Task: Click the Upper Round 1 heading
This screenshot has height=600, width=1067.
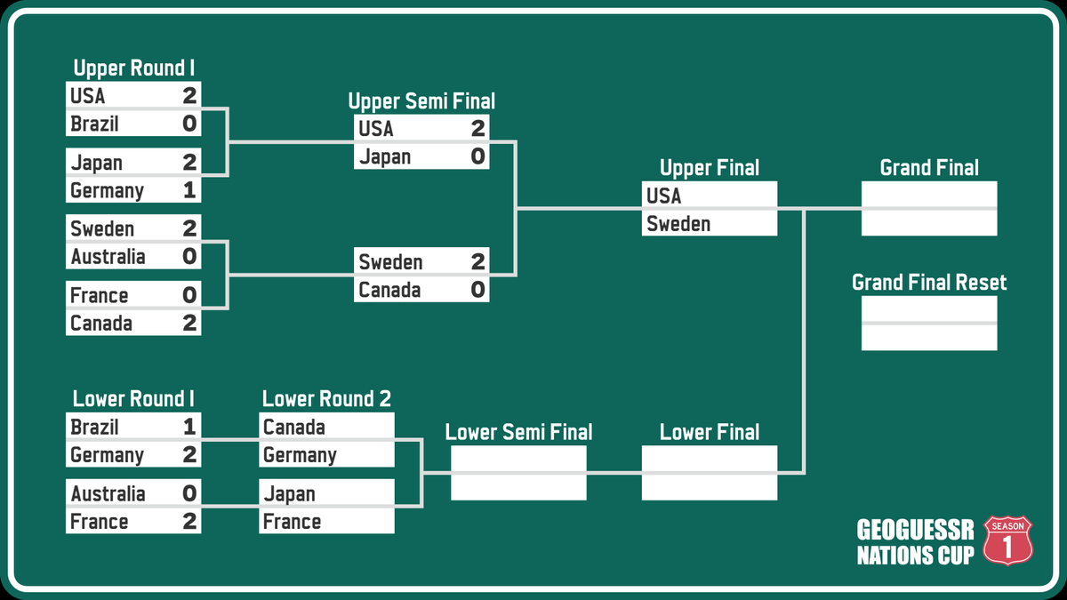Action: tap(133, 68)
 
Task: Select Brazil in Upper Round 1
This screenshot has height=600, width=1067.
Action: tap(94, 124)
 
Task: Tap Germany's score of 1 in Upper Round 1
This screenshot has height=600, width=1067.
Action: tap(189, 190)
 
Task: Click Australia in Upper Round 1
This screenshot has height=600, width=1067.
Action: tap(108, 257)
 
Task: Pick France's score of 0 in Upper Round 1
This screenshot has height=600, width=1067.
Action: tap(189, 295)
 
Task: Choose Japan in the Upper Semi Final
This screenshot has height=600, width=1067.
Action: tap(384, 157)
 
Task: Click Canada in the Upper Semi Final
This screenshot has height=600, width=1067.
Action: tap(389, 290)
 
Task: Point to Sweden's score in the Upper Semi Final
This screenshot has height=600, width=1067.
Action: tap(477, 262)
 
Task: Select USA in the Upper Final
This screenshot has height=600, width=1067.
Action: tap(663, 196)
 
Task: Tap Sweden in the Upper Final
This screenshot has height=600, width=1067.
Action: tap(678, 224)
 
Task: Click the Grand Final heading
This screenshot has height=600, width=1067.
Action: tap(929, 168)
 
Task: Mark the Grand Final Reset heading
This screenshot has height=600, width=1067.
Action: tap(929, 283)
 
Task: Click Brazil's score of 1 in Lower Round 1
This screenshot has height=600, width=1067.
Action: tap(189, 427)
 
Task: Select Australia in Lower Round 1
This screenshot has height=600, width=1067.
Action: tap(108, 493)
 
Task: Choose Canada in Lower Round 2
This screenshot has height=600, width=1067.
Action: tap(293, 427)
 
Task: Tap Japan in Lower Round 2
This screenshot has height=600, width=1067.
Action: tap(289, 493)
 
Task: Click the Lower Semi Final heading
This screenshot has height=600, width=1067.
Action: tap(518, 433)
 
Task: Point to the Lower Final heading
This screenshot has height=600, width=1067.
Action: tap(710, 433)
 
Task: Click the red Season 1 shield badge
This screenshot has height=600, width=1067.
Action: tap(1007, 541)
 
